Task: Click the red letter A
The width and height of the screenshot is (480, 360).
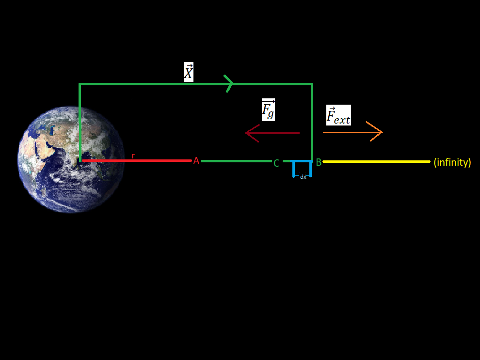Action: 196,161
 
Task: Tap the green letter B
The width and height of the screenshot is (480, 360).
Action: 319,162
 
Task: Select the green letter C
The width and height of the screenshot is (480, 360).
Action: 276,163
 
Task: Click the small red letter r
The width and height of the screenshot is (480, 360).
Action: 133,156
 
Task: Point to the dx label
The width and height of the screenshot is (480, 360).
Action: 303,177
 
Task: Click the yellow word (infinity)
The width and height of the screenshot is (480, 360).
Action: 452,162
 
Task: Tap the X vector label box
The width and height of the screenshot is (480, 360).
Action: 189,72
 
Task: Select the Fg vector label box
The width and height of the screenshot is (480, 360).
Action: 268,110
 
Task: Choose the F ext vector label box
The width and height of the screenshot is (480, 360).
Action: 338,115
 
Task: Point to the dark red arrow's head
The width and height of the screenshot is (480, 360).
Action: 249,133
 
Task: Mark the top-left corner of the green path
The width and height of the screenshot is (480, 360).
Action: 80,85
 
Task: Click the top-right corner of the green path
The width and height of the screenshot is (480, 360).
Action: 312,85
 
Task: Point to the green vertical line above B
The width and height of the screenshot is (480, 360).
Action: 312,121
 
